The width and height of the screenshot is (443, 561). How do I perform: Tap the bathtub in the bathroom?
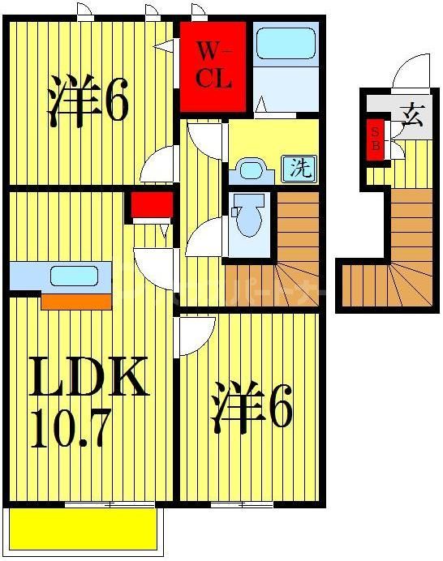285,45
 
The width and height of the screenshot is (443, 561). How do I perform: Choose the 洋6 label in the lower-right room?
252,409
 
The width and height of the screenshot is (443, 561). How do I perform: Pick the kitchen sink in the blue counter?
73,276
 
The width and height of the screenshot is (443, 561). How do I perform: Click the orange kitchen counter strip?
75,302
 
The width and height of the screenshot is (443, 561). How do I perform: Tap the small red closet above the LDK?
152,207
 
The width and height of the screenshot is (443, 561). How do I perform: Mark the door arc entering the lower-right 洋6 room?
195,335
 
